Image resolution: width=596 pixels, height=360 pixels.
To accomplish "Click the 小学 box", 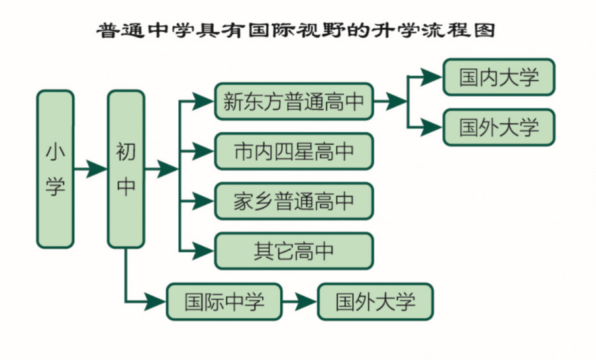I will pyautogui.click(x=55, y=169).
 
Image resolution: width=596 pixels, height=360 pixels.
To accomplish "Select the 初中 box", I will pyautogui.click(x=126, y=169).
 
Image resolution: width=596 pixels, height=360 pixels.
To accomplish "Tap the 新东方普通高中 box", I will pyautogui.click(x=293, y=101).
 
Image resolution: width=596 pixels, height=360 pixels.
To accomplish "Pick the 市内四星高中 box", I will pyautogui.click(x=293, y=151).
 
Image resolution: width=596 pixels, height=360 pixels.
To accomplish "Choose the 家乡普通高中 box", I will pyautogui.click(x=293, y=201).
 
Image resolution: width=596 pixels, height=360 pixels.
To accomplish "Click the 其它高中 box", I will pyautogui.click(x=293, y=250).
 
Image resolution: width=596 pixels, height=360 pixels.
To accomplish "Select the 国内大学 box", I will pyautogui.click(x=499, y=77).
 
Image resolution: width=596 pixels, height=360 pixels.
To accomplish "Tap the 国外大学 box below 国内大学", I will pyautogui.click(x=499, y=127).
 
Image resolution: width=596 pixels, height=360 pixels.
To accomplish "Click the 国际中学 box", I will pyautogui.click(x=224, y=302).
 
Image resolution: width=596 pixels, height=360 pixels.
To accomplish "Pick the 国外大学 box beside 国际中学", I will pyautogui.click(x=375, y=302).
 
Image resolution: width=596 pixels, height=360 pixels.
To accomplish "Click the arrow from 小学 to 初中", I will pyautogui.click(x=90, y=169).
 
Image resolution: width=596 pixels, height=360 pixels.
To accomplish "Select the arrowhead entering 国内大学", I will pyautogui.click(x=432, y=77).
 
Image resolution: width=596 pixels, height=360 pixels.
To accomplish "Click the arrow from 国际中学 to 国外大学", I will pyautogui.click(x=300, y=302).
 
